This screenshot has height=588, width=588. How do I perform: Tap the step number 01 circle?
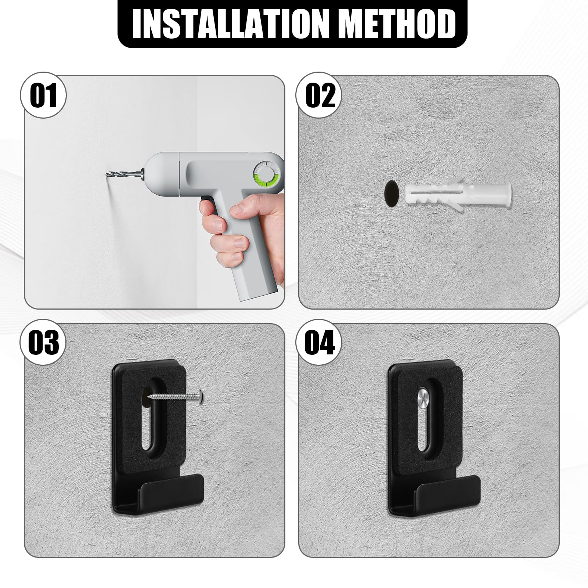[44, 95]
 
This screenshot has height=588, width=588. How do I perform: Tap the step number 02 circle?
[320, 95]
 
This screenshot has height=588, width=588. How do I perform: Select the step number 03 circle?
[44, 342]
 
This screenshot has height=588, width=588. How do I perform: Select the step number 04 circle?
[320, 342]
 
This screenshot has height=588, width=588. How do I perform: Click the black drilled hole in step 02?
[392, 192]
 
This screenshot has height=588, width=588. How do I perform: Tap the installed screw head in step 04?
[425, 398]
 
